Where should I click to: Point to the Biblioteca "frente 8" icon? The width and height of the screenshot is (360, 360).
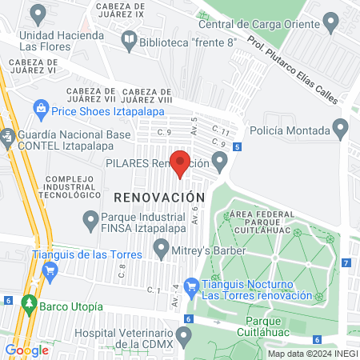(128, 42)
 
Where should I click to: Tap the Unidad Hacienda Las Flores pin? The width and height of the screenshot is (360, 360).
(38, 13)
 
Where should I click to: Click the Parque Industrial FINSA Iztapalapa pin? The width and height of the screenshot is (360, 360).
(90, 218)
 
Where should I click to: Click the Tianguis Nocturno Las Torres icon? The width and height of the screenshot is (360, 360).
(191, 285)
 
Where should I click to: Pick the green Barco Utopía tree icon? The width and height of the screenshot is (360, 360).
(29, 306)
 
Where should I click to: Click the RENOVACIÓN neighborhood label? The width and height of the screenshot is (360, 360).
(159, 196)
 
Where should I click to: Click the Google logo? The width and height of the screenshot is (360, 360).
(26, 350)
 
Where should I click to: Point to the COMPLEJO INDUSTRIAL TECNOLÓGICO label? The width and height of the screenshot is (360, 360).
(73, 186)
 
